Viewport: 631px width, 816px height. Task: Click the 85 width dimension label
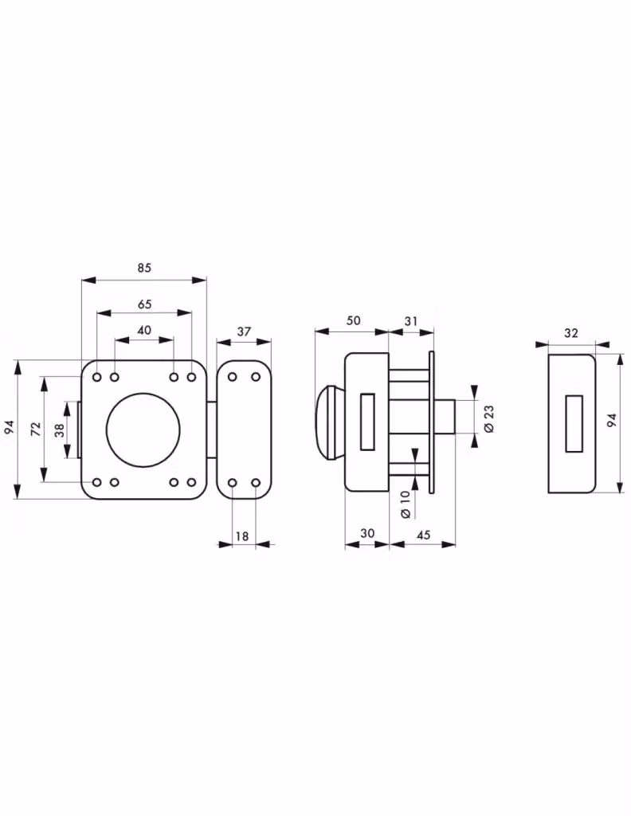(144, 268)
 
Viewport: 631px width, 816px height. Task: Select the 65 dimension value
(145, 304)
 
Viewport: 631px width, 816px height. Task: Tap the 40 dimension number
(144, 330)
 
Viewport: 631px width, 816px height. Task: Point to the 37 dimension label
(244, 331)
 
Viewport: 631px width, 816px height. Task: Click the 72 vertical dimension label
(35, 429)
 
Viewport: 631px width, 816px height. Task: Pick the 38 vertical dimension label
(59, 430)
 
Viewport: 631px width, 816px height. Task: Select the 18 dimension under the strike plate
(242, 535)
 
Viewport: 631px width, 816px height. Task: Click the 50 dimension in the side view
(353, 320)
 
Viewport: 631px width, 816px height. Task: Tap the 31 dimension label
(411, 321)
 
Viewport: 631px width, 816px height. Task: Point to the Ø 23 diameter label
(489, 419)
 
